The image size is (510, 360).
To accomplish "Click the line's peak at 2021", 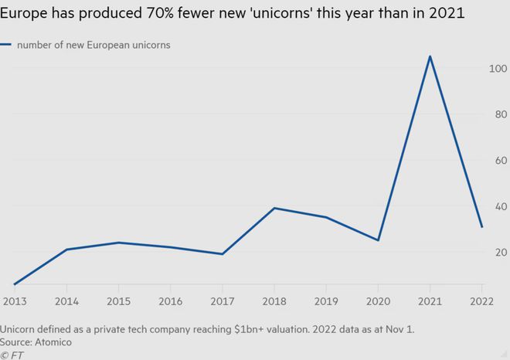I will pos(430,56).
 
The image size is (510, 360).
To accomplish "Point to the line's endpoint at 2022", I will pos(481,227).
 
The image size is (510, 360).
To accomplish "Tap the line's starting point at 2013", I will pos(15,284).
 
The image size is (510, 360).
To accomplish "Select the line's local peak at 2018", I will pos(274,208).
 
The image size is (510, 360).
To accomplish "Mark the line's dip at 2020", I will pos(378,240).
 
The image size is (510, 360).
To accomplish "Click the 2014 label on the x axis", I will pos(66,301).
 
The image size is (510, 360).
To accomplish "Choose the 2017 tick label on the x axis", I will pos(223,301).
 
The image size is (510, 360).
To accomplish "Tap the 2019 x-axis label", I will pos(326,301).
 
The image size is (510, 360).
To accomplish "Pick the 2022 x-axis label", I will pos(481,301).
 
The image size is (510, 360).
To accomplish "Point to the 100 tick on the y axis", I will pos(497,69).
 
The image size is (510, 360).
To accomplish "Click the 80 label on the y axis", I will pos(499,114).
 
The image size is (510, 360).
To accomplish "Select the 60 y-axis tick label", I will pos(499,161).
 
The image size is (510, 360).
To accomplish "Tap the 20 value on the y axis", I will pos(499,253).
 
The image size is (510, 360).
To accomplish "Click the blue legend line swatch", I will pos(7,45).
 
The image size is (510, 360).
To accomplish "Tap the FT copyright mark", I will pos(13,354).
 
